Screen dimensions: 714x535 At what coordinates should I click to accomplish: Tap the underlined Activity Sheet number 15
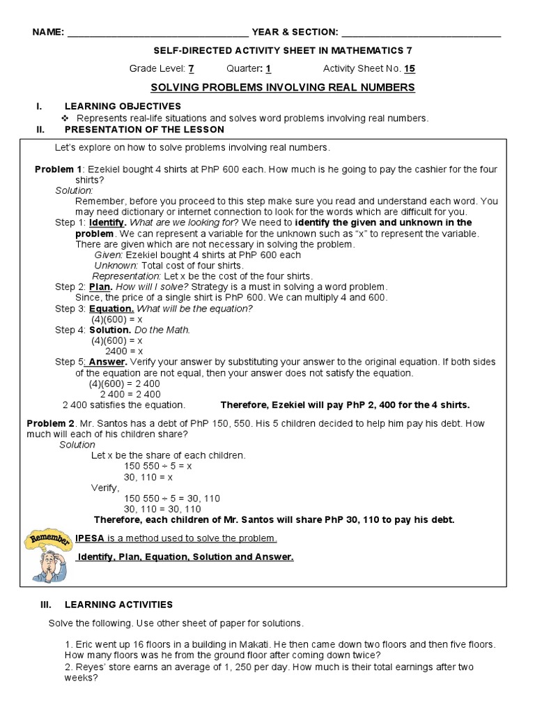(x=410, y=68)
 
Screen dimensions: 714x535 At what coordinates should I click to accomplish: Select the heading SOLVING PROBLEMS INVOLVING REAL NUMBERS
(x=283, y=87)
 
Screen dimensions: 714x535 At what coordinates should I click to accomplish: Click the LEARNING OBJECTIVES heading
(x=123, y=106)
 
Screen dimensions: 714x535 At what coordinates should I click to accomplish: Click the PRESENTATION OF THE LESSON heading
(x=144, y=130)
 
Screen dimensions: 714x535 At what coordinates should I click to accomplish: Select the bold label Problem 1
(x=59, y=169)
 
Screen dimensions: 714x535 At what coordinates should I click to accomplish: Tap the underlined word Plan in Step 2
(x=100, y=287)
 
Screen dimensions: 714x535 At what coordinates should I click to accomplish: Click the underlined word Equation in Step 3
(x=111, y=308)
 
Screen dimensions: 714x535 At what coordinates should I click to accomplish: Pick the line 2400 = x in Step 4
(x=123, y=351)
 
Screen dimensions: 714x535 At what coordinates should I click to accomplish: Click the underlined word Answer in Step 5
(x=107, y=362)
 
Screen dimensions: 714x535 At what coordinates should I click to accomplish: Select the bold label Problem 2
(x=50, y=423)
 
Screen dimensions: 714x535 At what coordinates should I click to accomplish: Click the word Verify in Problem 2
(x=105, y=487)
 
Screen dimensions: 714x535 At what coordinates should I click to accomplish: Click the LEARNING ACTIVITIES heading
(x=118, y=605)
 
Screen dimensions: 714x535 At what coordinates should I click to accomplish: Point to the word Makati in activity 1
(x=258, y=645)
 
